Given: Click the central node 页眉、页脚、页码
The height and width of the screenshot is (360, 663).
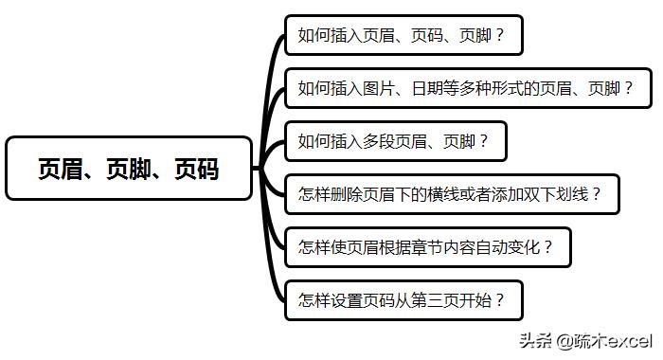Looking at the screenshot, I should coord(129,169).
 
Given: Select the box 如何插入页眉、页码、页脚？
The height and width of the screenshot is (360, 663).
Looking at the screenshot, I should coord(402,36).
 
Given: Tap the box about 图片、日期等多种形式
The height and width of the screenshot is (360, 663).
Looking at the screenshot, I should coord(464,89).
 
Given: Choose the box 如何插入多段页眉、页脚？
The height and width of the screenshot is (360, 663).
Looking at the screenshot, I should coord(394,142).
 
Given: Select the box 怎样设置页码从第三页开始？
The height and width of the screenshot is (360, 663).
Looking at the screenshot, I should coord(402,300).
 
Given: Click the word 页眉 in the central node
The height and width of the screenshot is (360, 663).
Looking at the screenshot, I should coord(60,169).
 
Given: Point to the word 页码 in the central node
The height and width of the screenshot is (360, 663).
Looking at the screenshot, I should coord(197,169).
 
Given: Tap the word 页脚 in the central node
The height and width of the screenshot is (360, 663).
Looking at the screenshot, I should coord(129,169).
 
